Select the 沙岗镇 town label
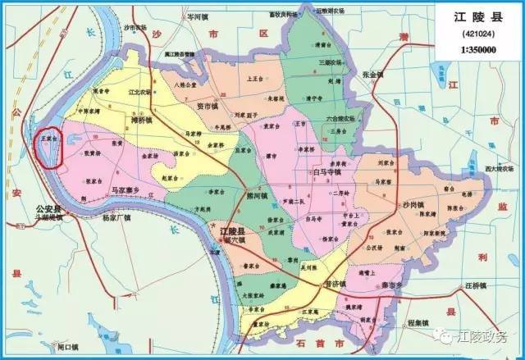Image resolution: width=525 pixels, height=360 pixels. point(412,203)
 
